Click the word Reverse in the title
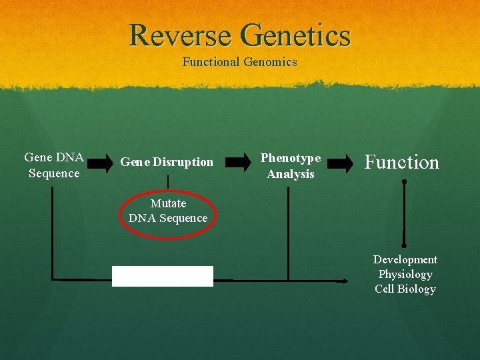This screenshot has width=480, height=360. pyautogui.click(x=181, y=35)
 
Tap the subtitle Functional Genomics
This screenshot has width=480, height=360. pyautogui.click(x=240, y=62)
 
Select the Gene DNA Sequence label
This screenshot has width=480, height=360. pyautogui.click(x=54, y=165)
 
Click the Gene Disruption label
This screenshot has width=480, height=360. pyautogui.click(x=167, y=162)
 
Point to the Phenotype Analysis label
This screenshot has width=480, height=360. pyautogui.click(x=291, y=166)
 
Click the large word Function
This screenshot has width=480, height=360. pyautogui.click(x=402, y=163)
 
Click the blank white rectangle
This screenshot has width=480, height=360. pyautogui.click(x=163, y=276)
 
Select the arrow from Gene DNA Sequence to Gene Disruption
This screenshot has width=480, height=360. pyautogui.click(x=101, y=162)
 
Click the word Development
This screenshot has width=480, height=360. pyautogui.click(x=405, y=259)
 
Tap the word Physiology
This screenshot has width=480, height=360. pyautogui.click(x=405, y=274)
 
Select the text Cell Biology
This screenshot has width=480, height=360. pyautogui.click(x=405, y=289)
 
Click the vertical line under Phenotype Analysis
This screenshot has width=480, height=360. pyautogui.click(x=288, y=233)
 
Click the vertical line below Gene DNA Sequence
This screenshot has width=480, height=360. pyautogui.click(x=53, y=233)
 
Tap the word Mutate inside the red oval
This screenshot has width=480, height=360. pyautogui.click(x=168, y=203)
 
